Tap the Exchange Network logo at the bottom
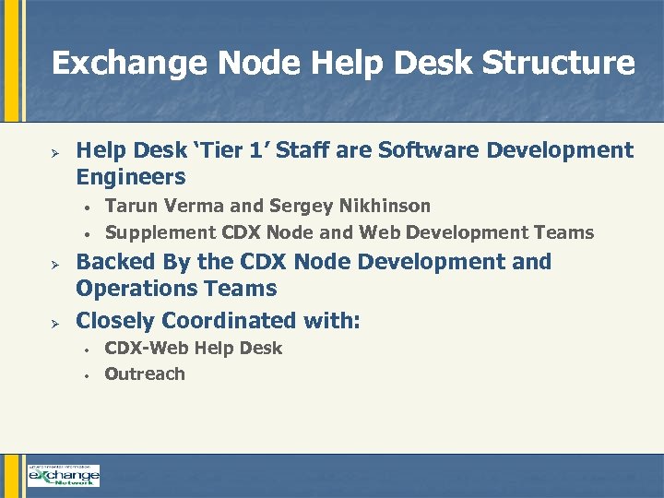(64, 476)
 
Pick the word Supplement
(160, 232)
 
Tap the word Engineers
(131, 177)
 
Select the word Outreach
(145, 374)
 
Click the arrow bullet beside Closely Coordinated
(54, 322)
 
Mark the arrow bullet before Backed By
(54, 263)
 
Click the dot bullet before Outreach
(84, 375)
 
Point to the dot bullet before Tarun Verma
(84, 207)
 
